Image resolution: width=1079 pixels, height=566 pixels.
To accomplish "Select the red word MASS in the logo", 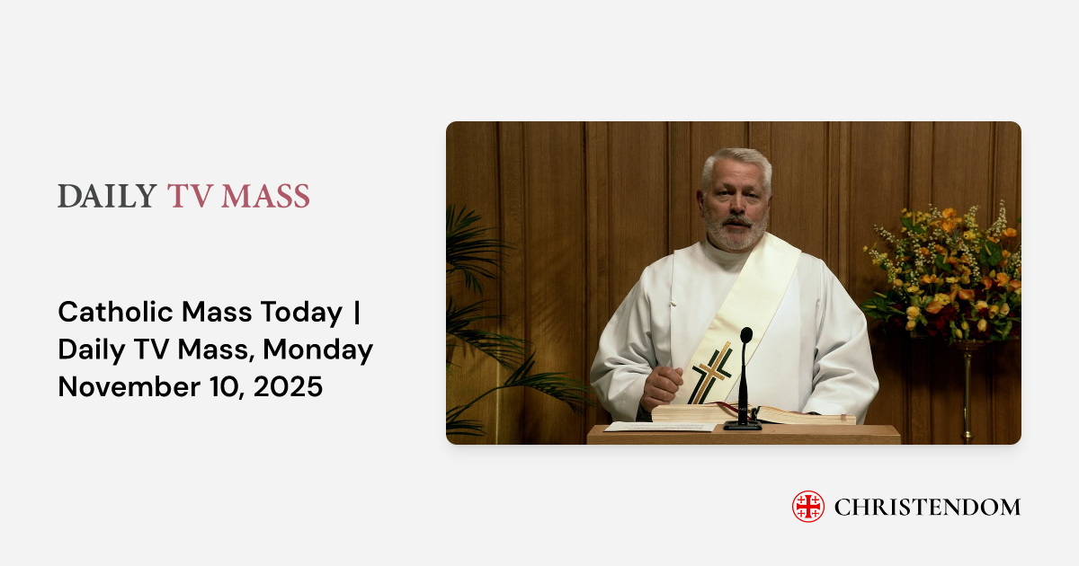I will (266, 197).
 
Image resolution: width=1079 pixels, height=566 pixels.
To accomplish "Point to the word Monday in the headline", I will (320, 349).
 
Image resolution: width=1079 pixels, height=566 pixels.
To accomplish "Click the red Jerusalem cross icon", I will (807, 507).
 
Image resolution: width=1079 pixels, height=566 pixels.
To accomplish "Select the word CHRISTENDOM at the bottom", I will (927, 507).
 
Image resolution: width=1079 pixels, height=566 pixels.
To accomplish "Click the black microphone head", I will (746, 336).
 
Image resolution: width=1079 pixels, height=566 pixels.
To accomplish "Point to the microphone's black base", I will (743, 424).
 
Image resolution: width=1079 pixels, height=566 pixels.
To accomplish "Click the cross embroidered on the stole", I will (711, 373).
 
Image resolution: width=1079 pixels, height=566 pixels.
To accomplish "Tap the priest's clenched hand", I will (662, 387).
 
